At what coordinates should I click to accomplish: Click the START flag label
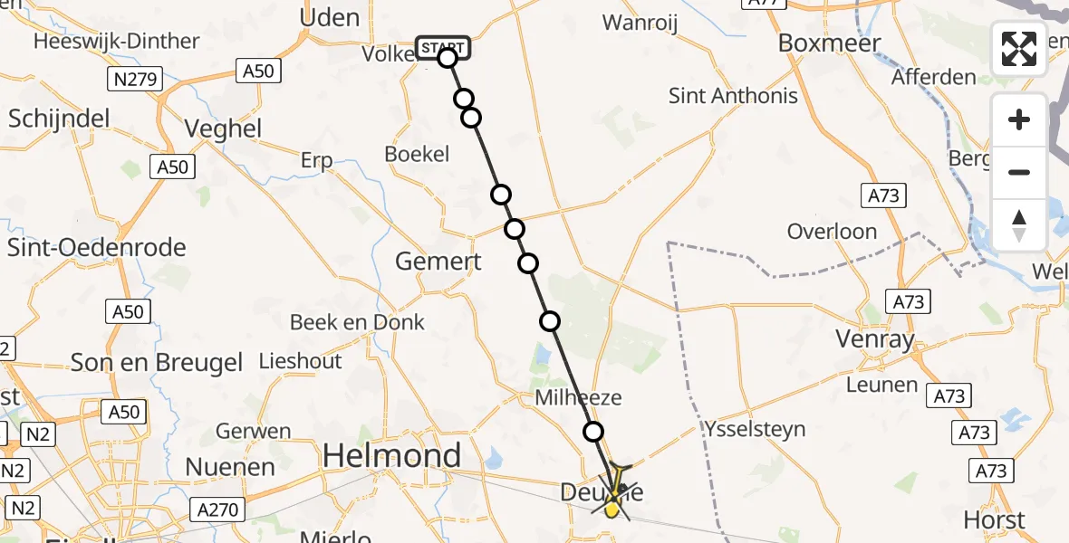(x=442, y=46)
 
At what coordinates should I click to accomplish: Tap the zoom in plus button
(x=1019, y=120)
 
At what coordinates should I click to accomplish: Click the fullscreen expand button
(x=1019, y=49)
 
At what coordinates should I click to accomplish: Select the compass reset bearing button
(x=1019, y=224)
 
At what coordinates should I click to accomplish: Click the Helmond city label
(x=392, y=454)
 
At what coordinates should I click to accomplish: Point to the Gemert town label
(x=438, y=262)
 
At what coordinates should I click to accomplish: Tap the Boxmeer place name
(x=823, y=43)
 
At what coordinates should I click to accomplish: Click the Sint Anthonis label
(x=733, y=96)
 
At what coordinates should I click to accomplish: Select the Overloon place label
(x=832, y=232)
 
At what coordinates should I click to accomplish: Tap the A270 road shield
(x=217, y=511)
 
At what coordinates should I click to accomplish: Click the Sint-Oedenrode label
(x=96, y=248)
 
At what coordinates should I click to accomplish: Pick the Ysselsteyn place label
(x=753, y=429)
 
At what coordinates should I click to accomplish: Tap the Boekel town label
(x=417, y=154)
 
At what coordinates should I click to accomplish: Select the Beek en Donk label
(x=357, y=322)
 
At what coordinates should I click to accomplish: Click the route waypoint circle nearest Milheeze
(x=593, y=432)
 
